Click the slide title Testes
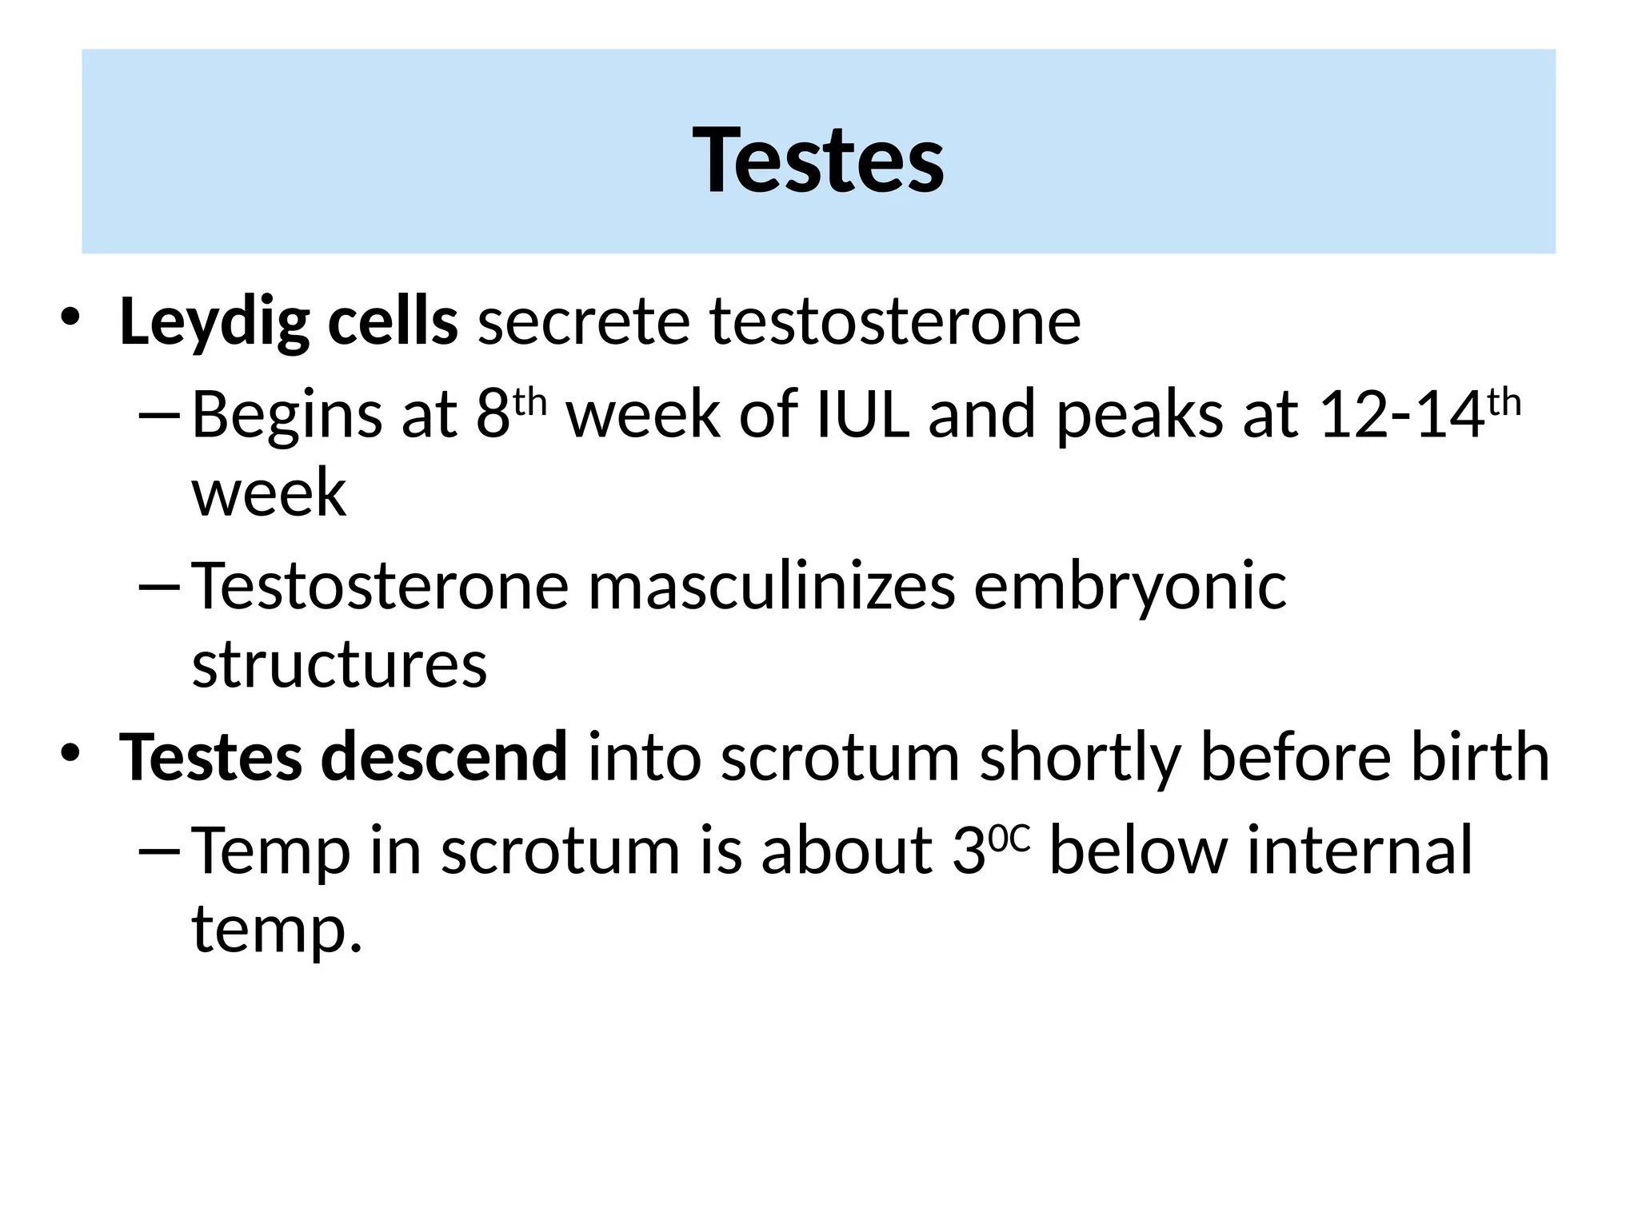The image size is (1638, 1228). tap(818, 160)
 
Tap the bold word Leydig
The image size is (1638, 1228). tap(214, 322)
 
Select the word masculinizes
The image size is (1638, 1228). tap(772, 587)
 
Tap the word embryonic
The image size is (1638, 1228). tap(1129, 587)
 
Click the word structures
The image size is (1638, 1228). tap(339, 665)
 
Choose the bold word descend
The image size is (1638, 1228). tap(444, 757)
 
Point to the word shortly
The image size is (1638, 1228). tap(1080, 757)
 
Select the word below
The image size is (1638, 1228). tap(1137, 851)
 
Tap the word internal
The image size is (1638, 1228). tap(1359, 851)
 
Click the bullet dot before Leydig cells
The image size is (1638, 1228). tap(70, 317)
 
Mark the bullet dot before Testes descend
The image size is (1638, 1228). tap(70, 752)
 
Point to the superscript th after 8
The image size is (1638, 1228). tap(529, 402)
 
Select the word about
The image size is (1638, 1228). tap(846, 851)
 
